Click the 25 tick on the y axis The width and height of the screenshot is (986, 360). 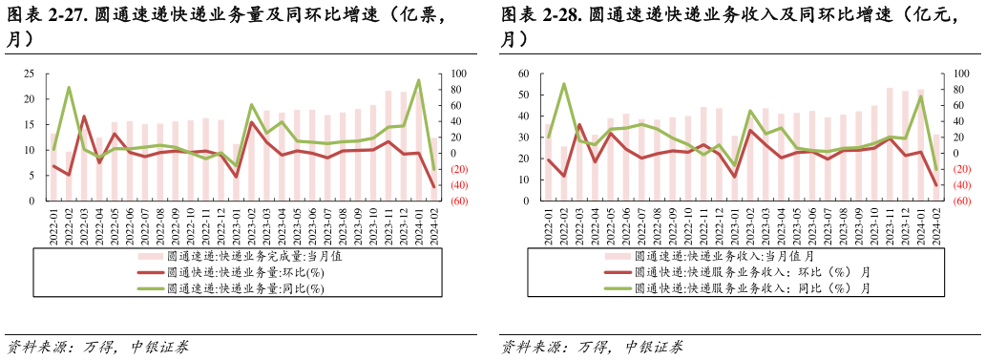tap(29, 74)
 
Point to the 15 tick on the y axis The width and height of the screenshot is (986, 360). tap(29, 125)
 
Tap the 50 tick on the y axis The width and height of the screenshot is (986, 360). tap(524, 95)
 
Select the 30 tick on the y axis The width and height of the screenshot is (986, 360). tap(524, 138)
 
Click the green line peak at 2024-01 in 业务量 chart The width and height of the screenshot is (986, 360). tap(418, 80)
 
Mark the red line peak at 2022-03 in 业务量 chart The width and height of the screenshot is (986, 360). tap(84, 116)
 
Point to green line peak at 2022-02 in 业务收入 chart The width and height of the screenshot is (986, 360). tap(563, 84)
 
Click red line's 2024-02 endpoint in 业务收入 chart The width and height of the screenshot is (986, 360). tap(935, 185)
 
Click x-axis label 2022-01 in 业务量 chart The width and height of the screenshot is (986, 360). tap(53, 226)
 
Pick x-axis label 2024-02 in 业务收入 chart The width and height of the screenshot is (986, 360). tap(935, 226)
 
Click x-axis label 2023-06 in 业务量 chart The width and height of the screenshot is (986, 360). tap(312, 226)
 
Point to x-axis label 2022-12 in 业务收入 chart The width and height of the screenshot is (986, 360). tap(719, 226)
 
